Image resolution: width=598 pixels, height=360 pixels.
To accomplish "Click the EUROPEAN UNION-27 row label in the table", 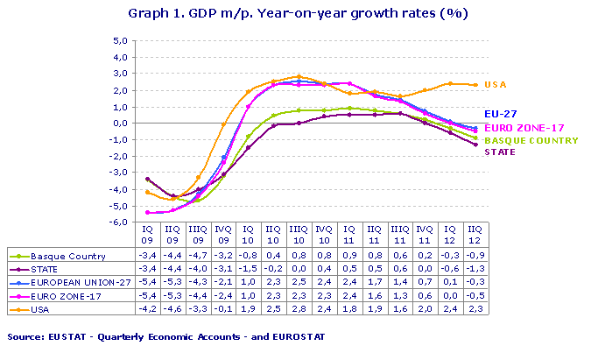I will click(x=79, y=283).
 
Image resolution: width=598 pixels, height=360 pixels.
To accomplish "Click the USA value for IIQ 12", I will click(x=473, y=309).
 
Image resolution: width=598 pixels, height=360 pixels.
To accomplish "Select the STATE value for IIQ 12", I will click(x=473, y=270).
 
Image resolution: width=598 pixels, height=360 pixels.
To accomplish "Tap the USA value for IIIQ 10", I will click(x=298, y=309).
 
